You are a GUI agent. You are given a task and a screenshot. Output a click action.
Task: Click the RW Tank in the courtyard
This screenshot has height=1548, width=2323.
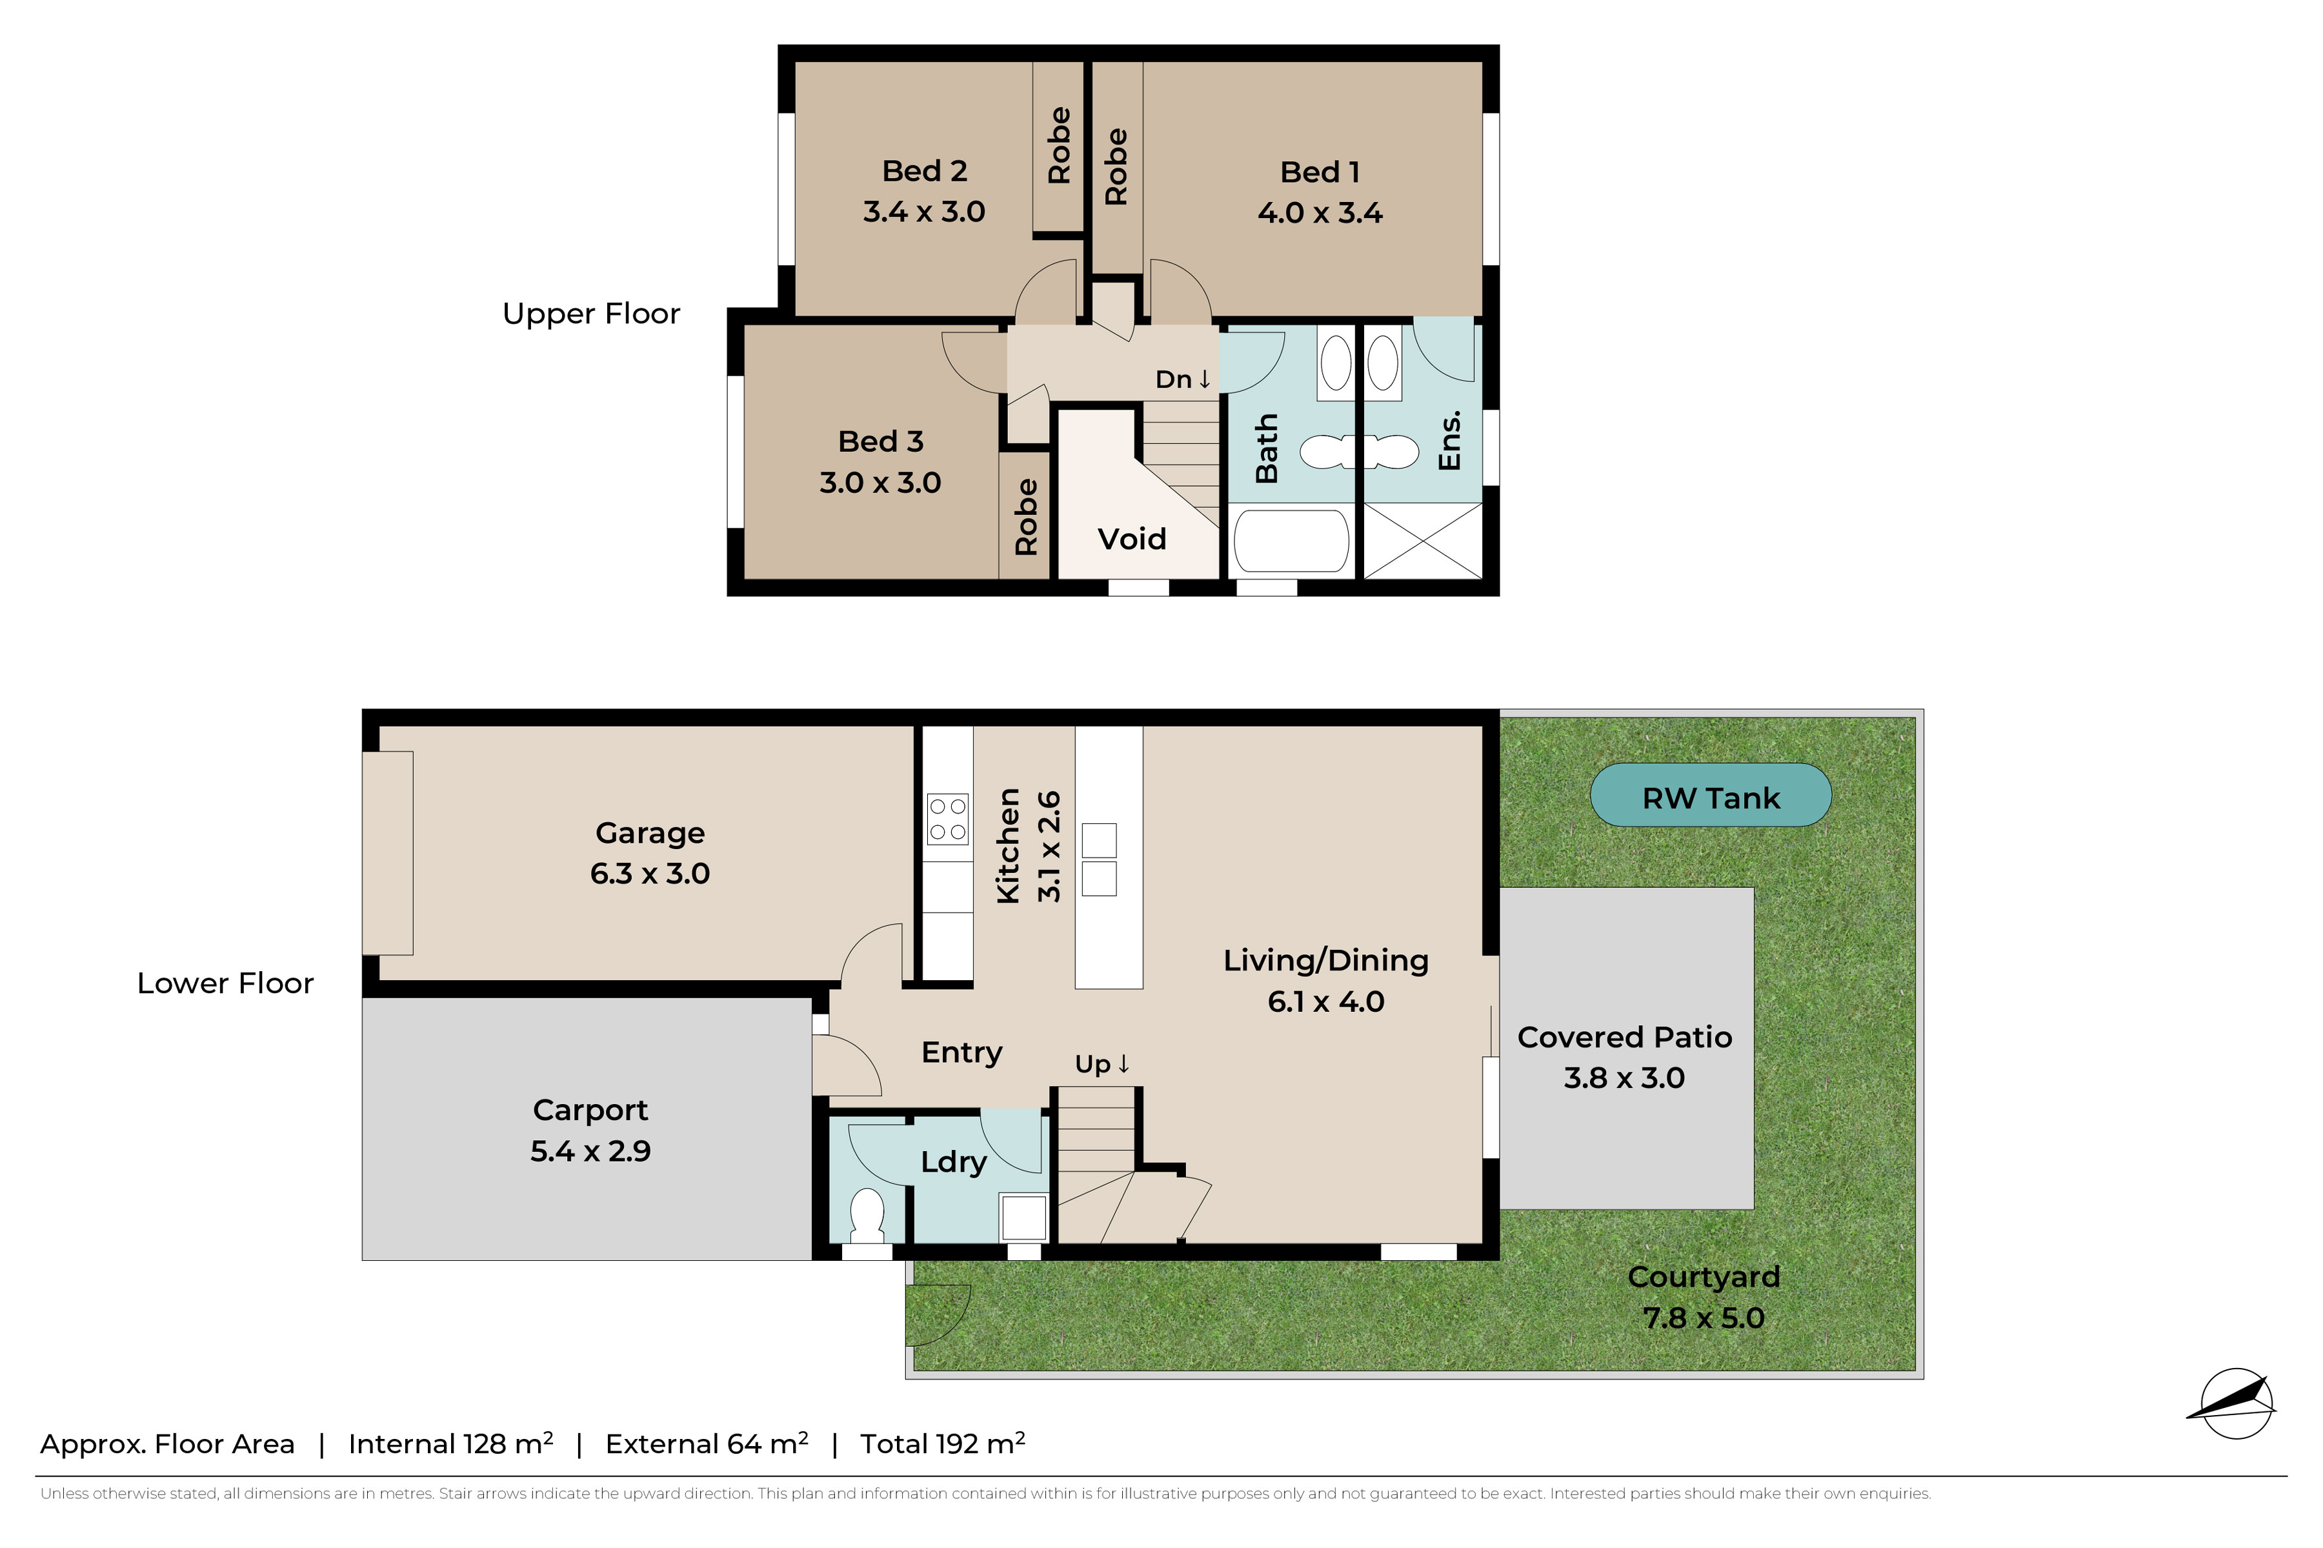pos(1710,795)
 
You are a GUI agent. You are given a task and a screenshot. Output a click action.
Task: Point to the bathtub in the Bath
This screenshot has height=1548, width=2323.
pos(1291,540)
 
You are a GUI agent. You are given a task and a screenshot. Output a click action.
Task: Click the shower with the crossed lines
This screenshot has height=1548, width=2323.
pos(1422,540)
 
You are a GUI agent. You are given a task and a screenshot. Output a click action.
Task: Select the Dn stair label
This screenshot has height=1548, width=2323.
pos(1183,379)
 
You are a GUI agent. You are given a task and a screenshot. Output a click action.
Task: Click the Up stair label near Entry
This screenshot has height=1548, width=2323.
pos(1101,1064)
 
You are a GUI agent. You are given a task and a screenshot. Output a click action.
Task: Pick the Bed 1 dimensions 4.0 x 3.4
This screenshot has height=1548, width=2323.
pos(1320,212)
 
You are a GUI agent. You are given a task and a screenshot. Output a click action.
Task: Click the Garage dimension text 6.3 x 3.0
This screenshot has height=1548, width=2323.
pos(650,874)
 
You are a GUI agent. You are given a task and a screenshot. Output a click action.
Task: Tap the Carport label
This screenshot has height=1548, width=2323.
pos(590,1110)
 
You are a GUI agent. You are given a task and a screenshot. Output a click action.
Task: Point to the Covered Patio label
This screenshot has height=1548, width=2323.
pos(1624,1036)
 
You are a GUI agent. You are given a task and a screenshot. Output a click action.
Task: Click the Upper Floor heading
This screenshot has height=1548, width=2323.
pos(591,314)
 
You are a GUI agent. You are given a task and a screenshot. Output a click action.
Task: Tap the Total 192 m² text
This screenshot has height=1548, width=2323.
pos(943,1443)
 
